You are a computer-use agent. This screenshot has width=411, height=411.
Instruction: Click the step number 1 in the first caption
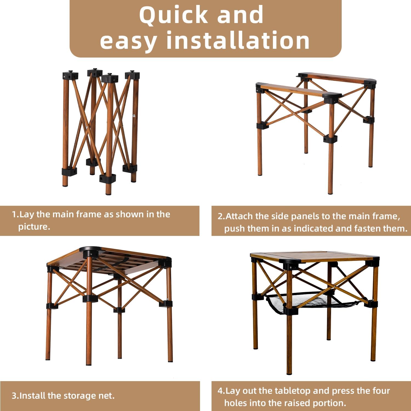(x=14, y=214)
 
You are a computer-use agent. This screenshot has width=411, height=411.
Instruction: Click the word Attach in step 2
(x=239, y=216)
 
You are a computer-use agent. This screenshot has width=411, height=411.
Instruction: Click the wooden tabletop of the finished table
(x=315, y=256)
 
